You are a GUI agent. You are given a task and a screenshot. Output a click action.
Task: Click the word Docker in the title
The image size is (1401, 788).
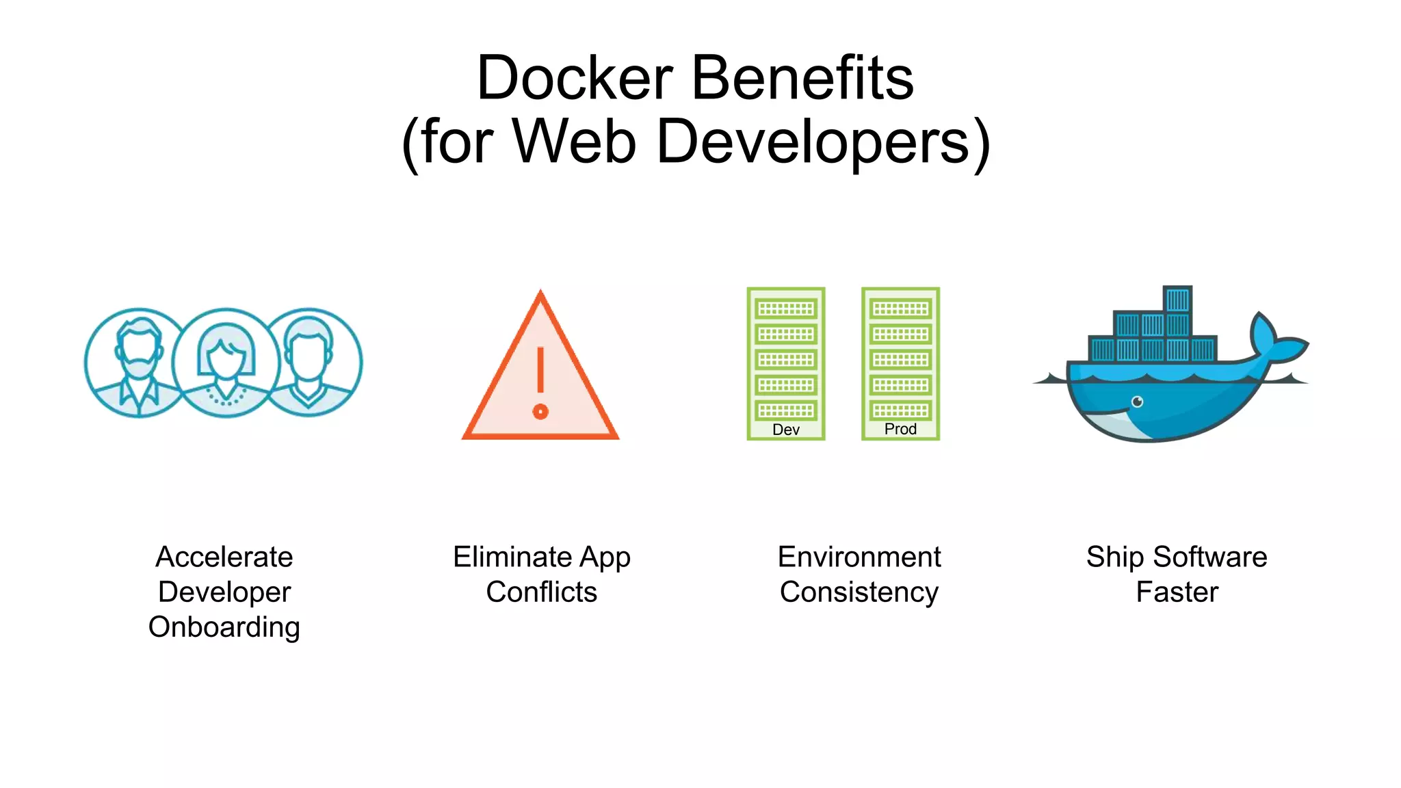tap(575, 78)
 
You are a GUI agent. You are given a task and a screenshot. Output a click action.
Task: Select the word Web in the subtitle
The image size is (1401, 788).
tap(574, 142)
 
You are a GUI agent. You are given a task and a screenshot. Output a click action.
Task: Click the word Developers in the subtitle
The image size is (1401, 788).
tap(814, 142)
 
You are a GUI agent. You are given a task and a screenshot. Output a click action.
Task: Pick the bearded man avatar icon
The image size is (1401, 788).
tap(140, 363)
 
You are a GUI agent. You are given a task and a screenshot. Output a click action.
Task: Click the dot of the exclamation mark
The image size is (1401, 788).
tap(540, 412)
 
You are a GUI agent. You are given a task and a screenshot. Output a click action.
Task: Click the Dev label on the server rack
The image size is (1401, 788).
tap(786, 430)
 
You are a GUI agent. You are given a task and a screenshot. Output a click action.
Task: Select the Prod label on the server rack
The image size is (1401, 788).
tap(900, 429)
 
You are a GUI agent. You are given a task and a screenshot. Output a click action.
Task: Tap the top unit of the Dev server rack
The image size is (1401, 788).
tap(786, 309)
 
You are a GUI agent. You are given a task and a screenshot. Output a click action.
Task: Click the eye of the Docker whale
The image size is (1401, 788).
tap(1137, 402)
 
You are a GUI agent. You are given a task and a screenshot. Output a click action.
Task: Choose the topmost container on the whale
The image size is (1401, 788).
tap(1177, 300)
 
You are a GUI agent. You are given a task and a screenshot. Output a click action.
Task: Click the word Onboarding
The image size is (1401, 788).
tap(224, 627)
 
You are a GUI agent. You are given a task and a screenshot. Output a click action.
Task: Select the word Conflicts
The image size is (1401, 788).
tap(541, 592)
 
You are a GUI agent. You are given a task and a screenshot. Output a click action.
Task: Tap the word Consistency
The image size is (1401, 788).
tap(859, 592)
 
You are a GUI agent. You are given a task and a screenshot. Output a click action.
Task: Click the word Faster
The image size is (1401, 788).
tap(1177, 592)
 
